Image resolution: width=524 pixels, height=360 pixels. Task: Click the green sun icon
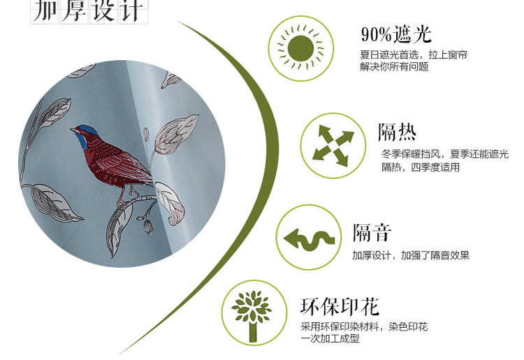click(x=300, y=48)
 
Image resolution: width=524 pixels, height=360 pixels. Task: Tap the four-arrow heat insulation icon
click(x=333, y=145)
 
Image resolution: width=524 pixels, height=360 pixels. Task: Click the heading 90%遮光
click(x=396, y=34)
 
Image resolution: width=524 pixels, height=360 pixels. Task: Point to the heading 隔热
click(x=397, y=132)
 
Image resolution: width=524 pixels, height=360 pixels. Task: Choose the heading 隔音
click(x=372, y=233)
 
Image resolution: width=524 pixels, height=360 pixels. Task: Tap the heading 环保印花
click(x=340, y=306)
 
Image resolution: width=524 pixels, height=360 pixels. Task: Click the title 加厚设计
click(x=89, y=11)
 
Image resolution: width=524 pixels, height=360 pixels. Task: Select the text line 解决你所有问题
click(x=394, y=66)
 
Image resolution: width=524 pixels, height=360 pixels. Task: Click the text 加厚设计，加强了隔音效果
click(x=411, y=256)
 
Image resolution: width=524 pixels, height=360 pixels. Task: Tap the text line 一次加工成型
click(x=330, y=338)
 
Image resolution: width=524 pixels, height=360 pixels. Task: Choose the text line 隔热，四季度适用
click(x=421, y=167)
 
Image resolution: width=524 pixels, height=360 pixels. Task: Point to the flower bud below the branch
click(x=148, y=226)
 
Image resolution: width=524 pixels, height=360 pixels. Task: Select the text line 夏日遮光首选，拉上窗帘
click(x=414, y=55)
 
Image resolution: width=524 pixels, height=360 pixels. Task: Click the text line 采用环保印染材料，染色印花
click(x=364, y=326)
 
